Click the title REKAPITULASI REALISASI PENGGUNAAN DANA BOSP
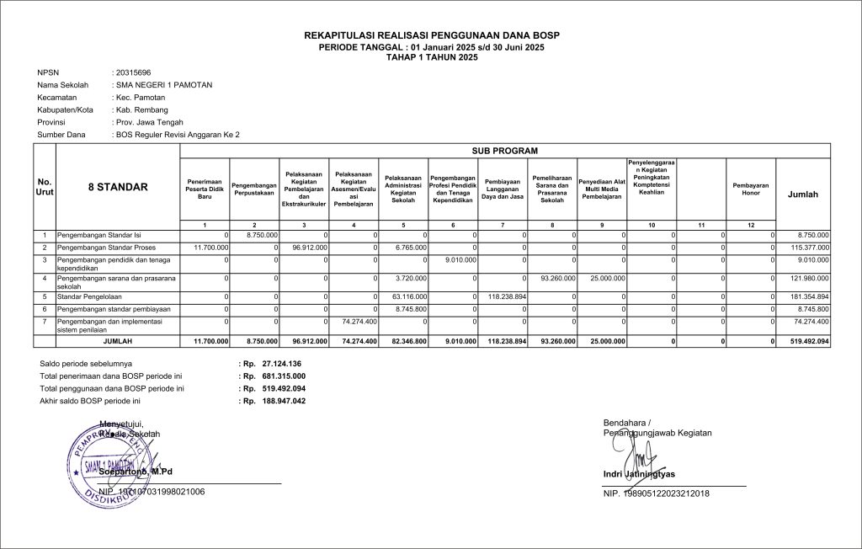point(431,35)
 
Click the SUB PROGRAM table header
point(506,150)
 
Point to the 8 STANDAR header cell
point(118,188)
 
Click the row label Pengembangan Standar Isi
point(98,234)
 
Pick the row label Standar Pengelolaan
point(88,297)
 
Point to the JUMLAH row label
point(118,341)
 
